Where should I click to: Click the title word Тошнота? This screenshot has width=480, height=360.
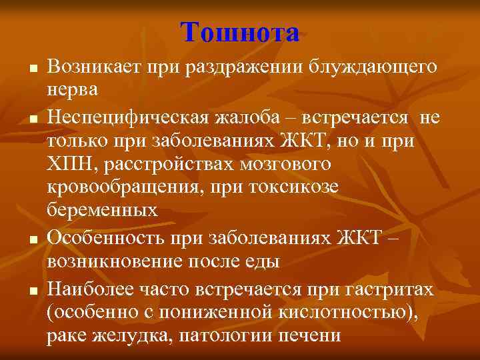point(239,31)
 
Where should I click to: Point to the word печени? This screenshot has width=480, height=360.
point(309,335)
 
